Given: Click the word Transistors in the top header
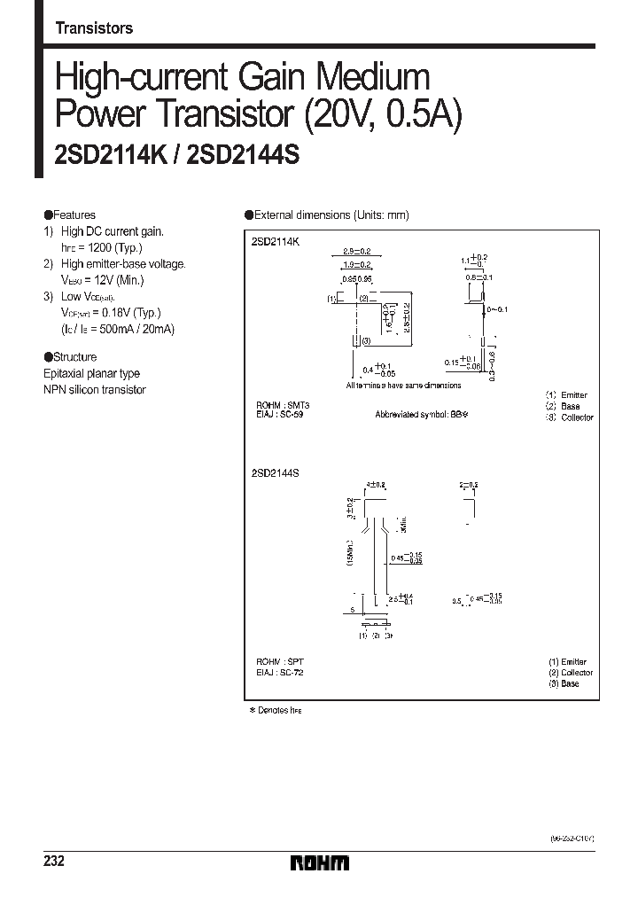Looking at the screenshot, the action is [x=94, y=28].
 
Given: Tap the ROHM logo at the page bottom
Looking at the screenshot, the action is [x=320, y=862].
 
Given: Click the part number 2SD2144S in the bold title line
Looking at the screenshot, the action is [x=244, y=156].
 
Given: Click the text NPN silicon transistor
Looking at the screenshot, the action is [x=95, y=389].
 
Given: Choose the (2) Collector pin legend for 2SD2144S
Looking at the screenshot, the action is [x=570, y=673].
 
